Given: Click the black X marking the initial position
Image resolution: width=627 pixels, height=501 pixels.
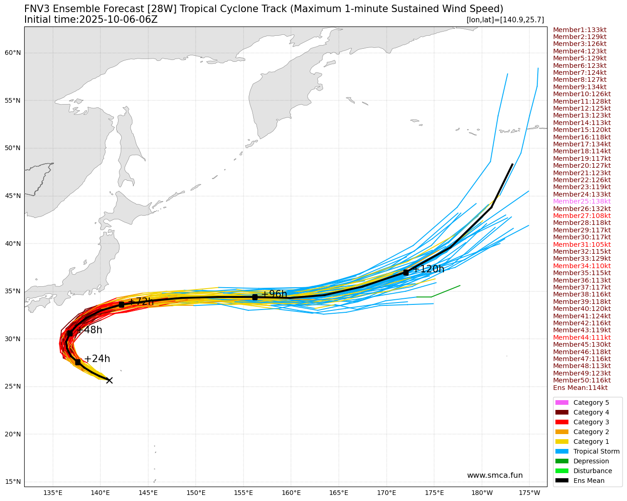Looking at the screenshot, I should pos(109,380).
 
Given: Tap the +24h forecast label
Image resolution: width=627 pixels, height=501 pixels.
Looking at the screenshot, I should pos(97,359).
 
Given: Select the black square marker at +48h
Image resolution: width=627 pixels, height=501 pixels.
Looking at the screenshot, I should pos(70,333).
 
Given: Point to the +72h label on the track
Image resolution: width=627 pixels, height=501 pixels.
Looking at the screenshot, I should pos(141,302).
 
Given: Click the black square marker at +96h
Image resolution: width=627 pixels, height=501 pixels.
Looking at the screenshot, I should pos(255,297).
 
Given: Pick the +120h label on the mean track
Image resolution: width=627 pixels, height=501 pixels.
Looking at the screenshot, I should pos(429,269).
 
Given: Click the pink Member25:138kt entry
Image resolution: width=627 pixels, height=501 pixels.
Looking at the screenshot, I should pos(581,201).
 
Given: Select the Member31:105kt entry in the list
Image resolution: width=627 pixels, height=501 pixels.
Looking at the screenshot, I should pos(581,244).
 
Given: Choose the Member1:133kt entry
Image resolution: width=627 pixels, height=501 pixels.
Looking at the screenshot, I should pos(580,30).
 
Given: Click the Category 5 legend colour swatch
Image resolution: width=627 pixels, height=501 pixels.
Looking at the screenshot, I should pos(561,402).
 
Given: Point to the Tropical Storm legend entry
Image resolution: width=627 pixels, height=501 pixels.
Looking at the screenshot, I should pos(596,451).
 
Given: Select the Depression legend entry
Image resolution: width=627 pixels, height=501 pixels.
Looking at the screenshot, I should pos(591,461).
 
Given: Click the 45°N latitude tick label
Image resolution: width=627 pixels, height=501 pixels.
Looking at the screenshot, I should pos(13,196).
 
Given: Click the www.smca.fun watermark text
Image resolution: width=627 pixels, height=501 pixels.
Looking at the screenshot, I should pos(495,475).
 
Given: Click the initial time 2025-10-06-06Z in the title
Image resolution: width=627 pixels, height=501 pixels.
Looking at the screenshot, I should pos(119,20).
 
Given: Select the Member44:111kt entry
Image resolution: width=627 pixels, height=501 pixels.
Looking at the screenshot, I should pos(581,337).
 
